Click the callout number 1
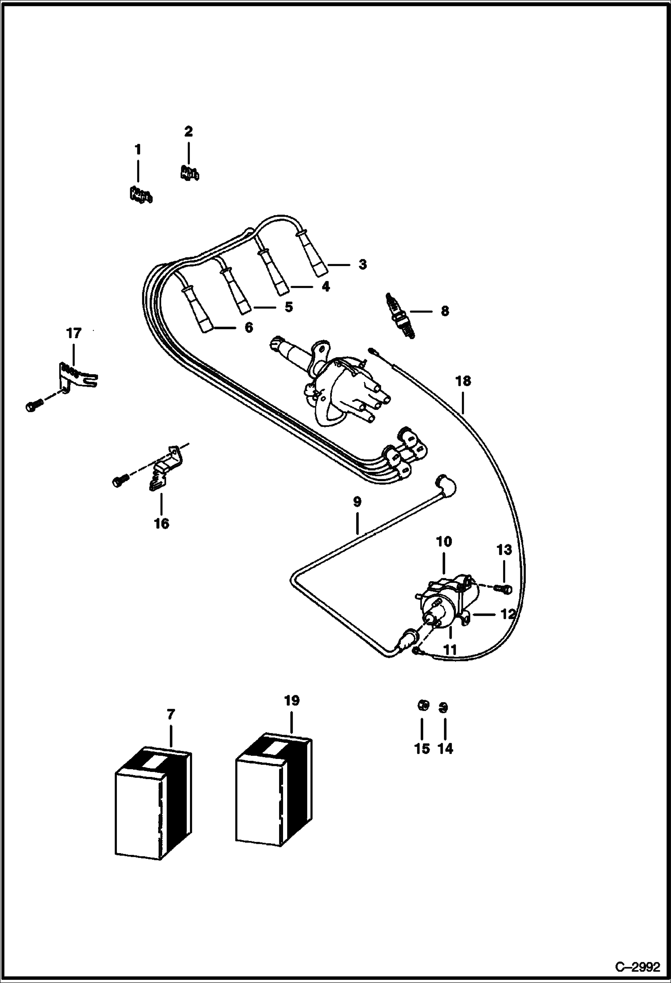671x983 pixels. [138, 150]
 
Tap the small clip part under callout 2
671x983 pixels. [189, 172]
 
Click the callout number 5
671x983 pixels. [288, 307]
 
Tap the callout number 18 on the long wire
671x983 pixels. [463, 381]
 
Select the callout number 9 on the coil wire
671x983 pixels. [357, 502]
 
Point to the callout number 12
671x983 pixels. [508, 614]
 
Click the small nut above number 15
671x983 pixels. [422, 706]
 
